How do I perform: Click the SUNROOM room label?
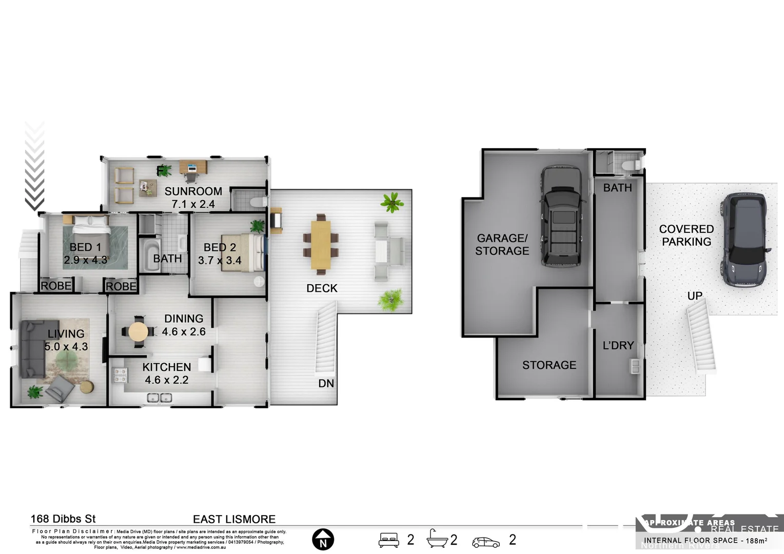tap(193, 191)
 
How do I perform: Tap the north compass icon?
tap(323, 540)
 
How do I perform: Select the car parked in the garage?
tap(562, 215)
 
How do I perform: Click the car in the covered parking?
tap(745, 240)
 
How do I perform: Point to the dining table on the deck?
tap(321, 244)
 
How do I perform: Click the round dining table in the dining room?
tap(138, 332)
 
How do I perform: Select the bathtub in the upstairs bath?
tap(151, 255)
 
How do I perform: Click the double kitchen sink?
tap(159, 398)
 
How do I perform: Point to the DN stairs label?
tap(326, 383)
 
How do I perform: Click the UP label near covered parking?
tap(695, 296)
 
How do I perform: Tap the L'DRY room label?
tap(618, 346)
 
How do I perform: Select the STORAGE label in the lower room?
tap(549, 365)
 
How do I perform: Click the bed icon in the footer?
tap(388, 540)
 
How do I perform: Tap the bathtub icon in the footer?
tap(437, 539)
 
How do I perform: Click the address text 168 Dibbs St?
tap(63, 519)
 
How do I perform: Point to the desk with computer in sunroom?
tap(193, 168)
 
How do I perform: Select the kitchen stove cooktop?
tap(120, 375)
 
